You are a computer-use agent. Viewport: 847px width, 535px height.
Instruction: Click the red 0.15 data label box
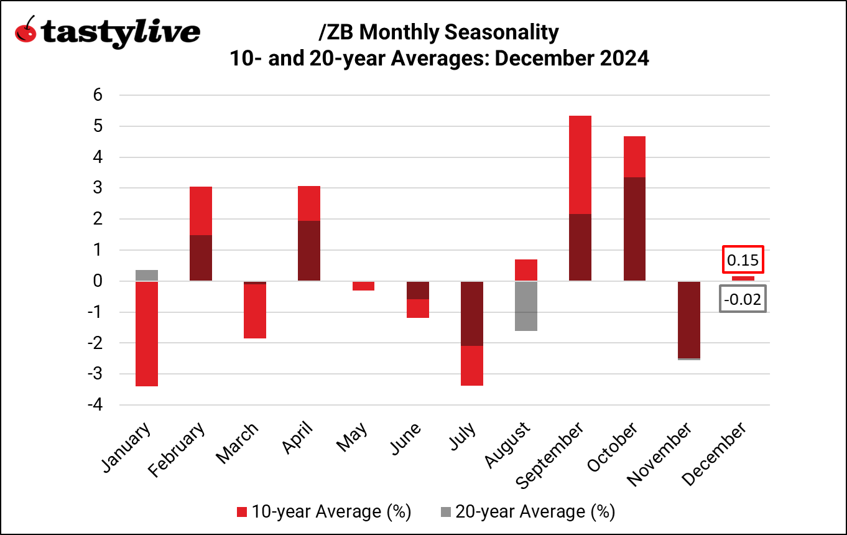click(743, 260)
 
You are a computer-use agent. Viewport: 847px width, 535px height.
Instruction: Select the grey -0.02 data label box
click(743, 300)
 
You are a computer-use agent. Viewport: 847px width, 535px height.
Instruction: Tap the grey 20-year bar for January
click(146, 275)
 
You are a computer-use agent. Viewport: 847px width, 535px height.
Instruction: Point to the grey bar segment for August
click(525, 306)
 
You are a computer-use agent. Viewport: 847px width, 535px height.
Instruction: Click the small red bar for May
click(363, 286)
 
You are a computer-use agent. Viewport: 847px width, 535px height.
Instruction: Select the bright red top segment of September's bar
click(580, 165)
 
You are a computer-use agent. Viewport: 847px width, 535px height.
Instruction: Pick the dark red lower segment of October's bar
click(635, 229)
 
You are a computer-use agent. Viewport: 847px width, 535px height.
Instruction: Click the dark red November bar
click(689, 319)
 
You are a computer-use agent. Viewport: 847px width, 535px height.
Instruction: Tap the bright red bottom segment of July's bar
click(471, 366)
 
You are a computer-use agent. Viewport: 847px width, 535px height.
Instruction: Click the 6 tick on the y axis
click(98, 95)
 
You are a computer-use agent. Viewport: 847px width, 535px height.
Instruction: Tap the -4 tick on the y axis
click(93, 404)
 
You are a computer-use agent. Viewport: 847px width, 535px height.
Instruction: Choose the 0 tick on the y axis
click(98, 281)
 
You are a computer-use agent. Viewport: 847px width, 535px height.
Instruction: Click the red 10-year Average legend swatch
click(243, 511)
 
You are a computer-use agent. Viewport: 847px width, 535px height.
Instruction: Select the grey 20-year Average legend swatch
click(446, 511)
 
